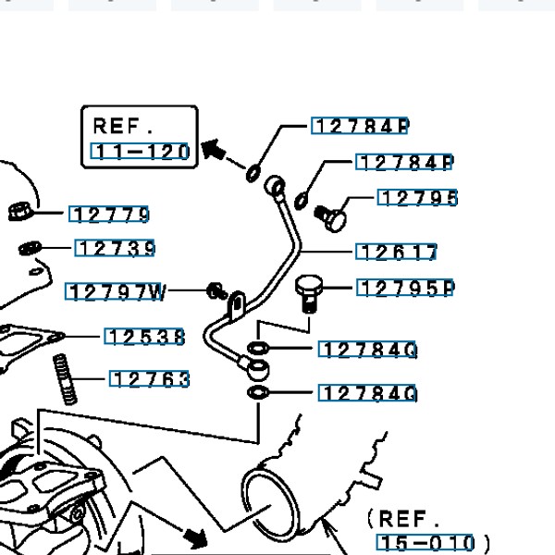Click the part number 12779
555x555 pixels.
click(111, 215)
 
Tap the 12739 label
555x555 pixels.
click(115, 248)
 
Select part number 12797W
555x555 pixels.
click(117, 293)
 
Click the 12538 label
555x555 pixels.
click(145, 337)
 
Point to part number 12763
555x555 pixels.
click(150, 379)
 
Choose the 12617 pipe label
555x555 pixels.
click(397, 252)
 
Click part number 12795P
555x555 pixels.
click(405, 288)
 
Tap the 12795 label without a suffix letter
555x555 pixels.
click(418, 198)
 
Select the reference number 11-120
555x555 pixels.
click(141, 152)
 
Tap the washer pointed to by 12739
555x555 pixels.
click(31, 248)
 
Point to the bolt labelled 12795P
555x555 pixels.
click(307, 294)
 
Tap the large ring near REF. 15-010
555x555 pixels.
click(268, 505)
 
